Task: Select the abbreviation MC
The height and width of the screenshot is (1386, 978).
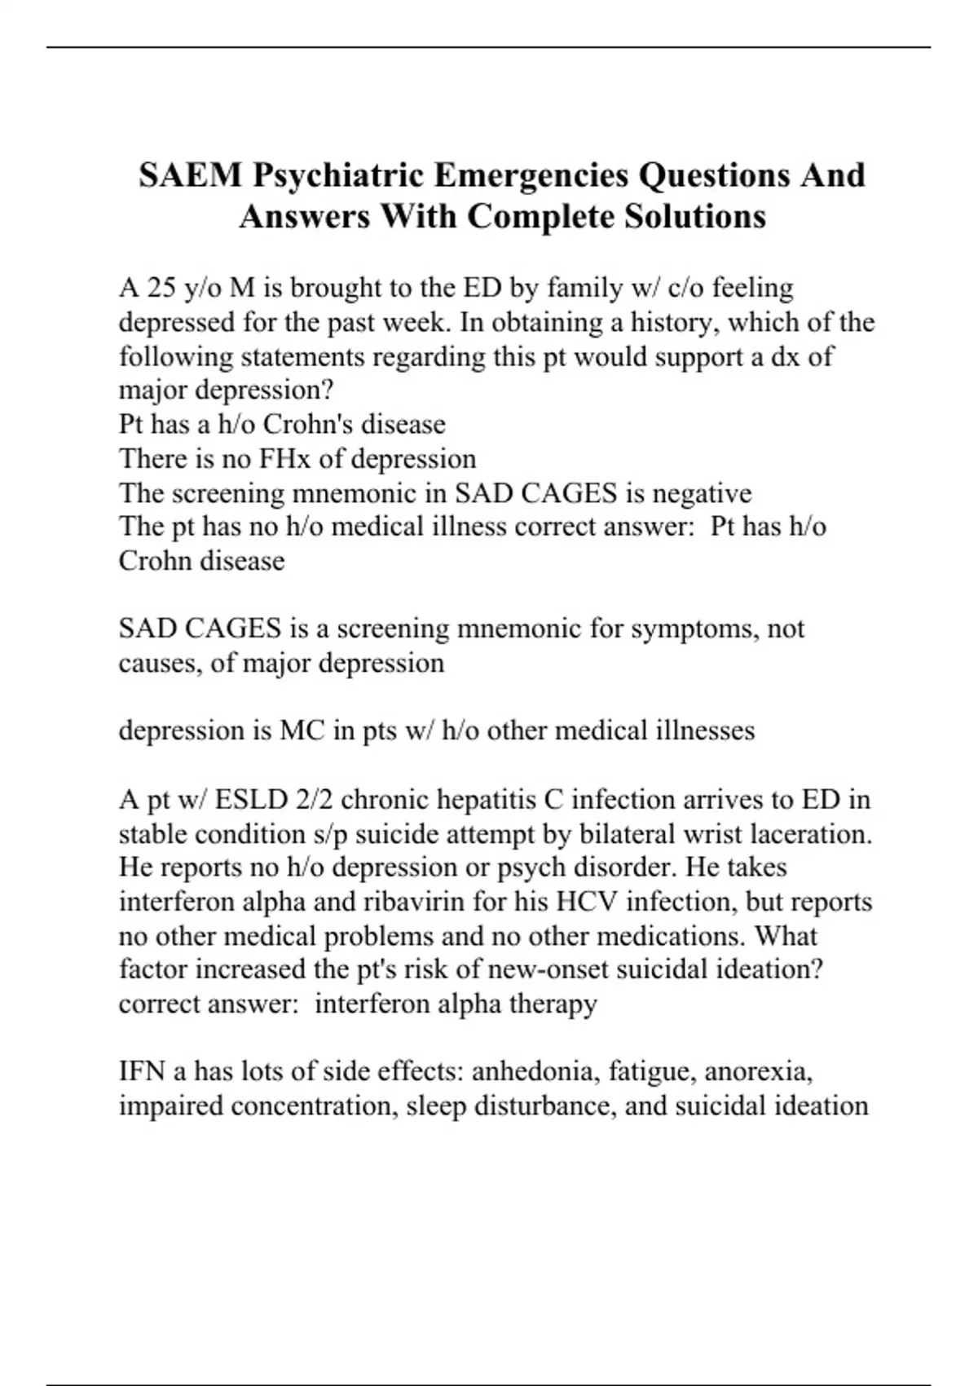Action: (302, 731)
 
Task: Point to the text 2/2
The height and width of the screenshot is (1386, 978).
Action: (315, 799)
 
